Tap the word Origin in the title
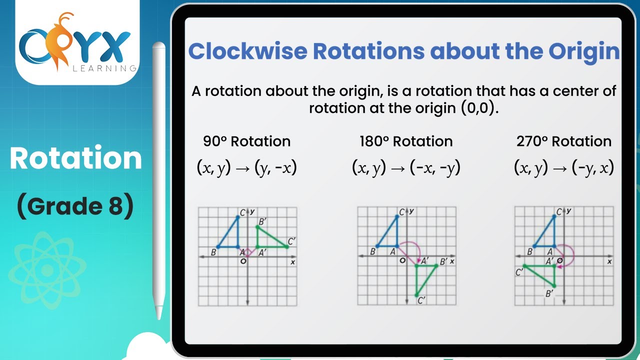click(583, 51)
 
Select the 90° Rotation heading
click(246, 141)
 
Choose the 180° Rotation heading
click(405, 141)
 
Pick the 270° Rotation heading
click(563, 141)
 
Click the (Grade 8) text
click(75, 206)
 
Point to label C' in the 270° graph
click(520, 272)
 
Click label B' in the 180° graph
click(443, 261)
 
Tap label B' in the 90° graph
click(261, 221)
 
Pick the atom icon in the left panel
click(47, 270)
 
